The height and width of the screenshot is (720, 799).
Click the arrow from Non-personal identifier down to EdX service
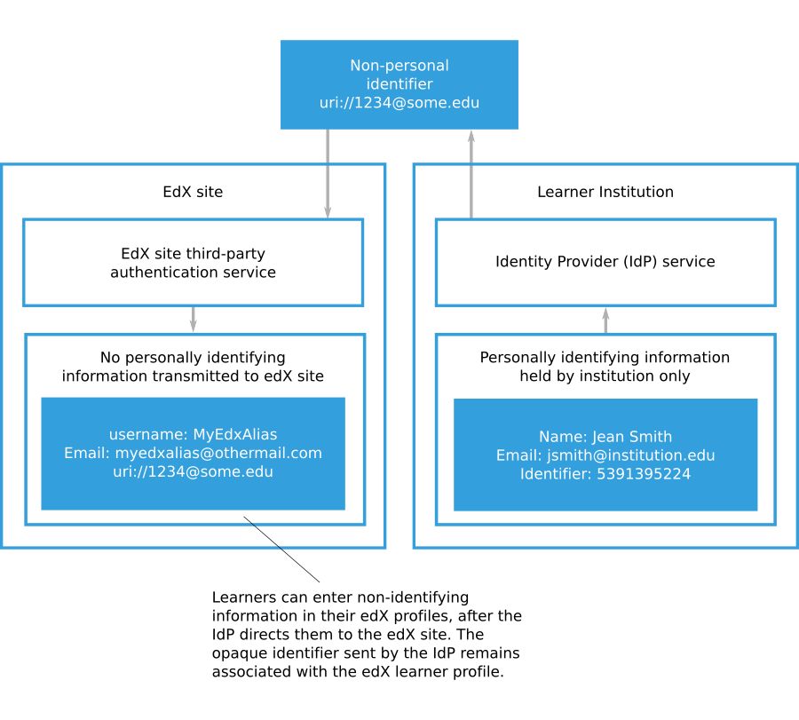pos(328,173)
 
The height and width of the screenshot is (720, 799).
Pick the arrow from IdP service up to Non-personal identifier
pos(471,173)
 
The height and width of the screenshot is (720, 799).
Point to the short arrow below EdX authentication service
pos(193,320)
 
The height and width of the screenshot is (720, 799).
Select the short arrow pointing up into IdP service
pos(605,320)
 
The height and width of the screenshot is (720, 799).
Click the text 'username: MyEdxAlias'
pos(193,435)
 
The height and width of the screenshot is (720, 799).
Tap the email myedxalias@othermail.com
pos(193,454)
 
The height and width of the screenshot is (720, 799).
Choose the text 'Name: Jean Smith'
pos(605,437)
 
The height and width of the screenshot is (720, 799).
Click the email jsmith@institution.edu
pos(605,455)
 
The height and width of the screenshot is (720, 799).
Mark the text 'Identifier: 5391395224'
pos(605,474)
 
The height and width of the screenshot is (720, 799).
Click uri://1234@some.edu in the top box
pos(399,103)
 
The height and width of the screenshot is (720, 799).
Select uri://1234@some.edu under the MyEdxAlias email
pos(193,472)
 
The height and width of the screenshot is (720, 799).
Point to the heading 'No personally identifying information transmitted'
pos(193,367)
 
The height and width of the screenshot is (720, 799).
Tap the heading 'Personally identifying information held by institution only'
pos(605,367)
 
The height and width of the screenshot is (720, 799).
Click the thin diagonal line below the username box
pos(263,533)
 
